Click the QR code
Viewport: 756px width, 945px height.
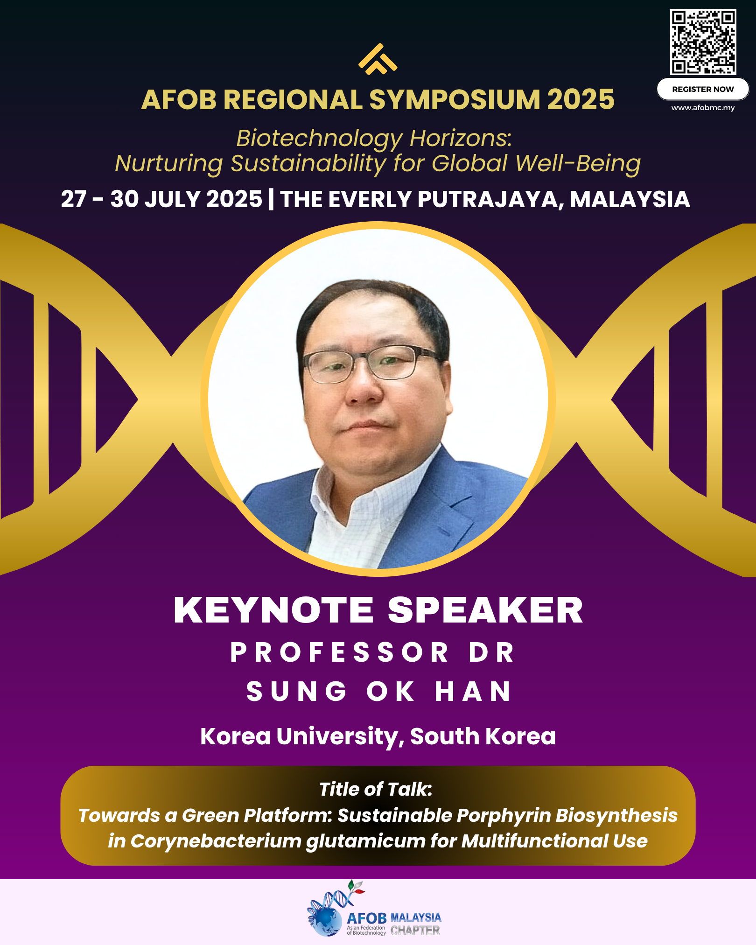[x=703, y=42]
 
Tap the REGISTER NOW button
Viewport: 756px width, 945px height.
[x=703, y=89]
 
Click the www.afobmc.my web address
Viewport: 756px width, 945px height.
[x=703, y=108]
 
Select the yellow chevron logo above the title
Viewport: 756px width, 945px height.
[x=378, y=59]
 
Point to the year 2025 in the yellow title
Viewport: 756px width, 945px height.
[x=581, y=100]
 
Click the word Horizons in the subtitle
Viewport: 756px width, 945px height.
[x=461, y=139]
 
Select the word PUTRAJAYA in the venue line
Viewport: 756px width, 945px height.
[x=491, y=200]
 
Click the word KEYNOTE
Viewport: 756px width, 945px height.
[x=274, y=610]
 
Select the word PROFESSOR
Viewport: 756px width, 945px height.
[x=339, y=652]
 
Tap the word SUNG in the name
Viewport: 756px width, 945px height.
[x=297, y=691]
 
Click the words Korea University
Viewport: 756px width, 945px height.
[x=302, y=736]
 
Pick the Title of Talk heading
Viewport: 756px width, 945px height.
[x=376, y=789]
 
